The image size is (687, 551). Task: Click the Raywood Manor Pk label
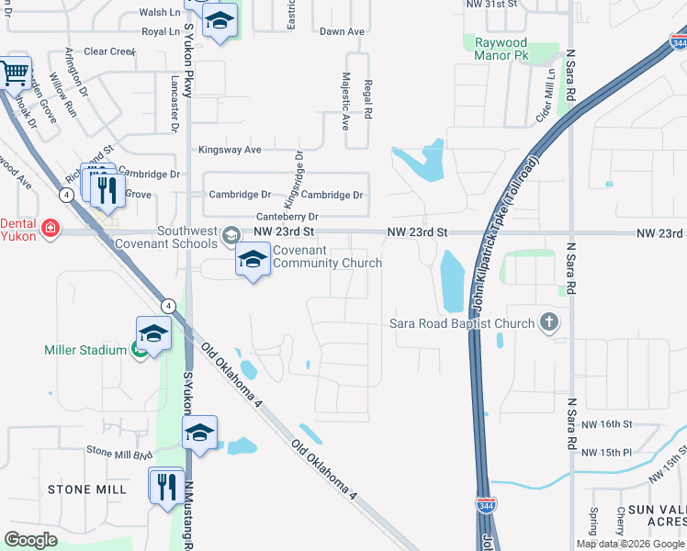pyautogui.click(x=501, y=50)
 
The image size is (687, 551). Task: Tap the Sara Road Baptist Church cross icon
pyautogui.click(x=549, y=322)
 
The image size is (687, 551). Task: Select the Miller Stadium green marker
pyautogui.click(x=139, y=349)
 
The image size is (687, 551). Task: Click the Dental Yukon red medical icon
pyautogui.click(x=50, y=229)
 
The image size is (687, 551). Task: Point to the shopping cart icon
pyautogui.click(x=14, y=73)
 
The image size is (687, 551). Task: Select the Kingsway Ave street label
pyautogui.click(x=231, y=149)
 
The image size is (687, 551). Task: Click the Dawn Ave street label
pyautogui.click(x=342, y=31)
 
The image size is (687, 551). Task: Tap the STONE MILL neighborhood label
pyautogui.click(x=87, y=489)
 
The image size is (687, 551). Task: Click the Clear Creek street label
pyautogui.click(x=109, y=51)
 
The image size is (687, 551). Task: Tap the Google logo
pyautogui.click(x=31, y=540)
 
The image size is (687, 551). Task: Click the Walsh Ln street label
pyautogui.click(x=161, y=13)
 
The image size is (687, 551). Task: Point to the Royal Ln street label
pyautogui.click(x=161, y=31)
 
